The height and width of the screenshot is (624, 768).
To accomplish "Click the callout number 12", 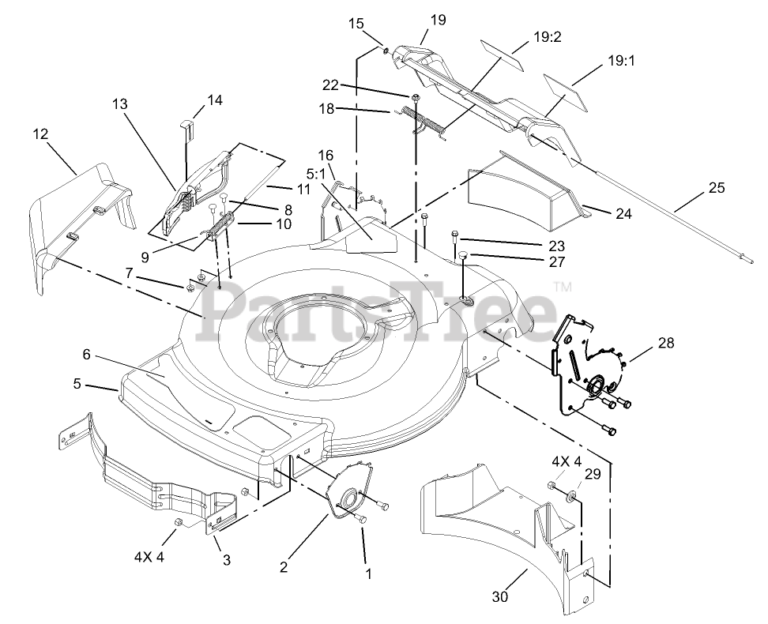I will click(x=40, y=135).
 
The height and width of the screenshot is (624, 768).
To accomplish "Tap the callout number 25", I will click(x=716, y=188).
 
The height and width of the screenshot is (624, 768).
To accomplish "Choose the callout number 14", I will click(x=215, y=100).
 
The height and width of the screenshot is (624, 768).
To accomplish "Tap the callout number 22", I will click(x=330, y=85).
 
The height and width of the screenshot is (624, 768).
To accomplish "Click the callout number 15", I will click(x=356, y=24).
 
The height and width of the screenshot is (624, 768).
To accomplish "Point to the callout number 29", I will click(x=592, y=474).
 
